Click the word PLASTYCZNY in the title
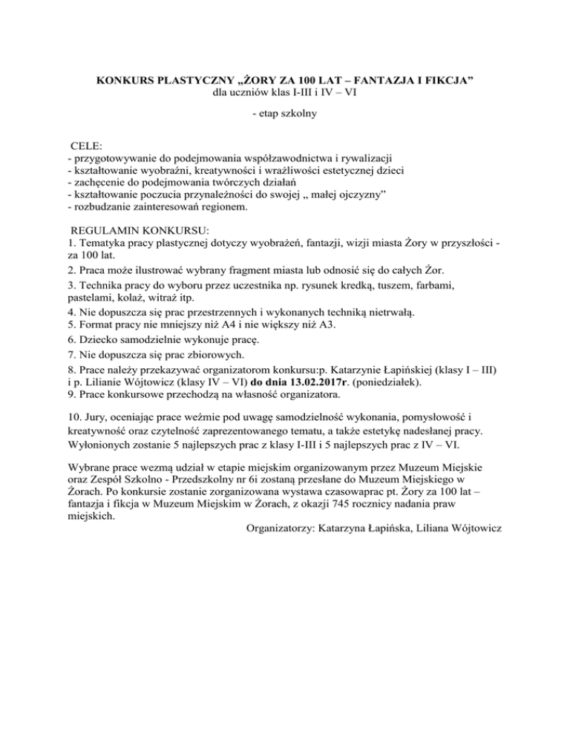coord(189,79)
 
